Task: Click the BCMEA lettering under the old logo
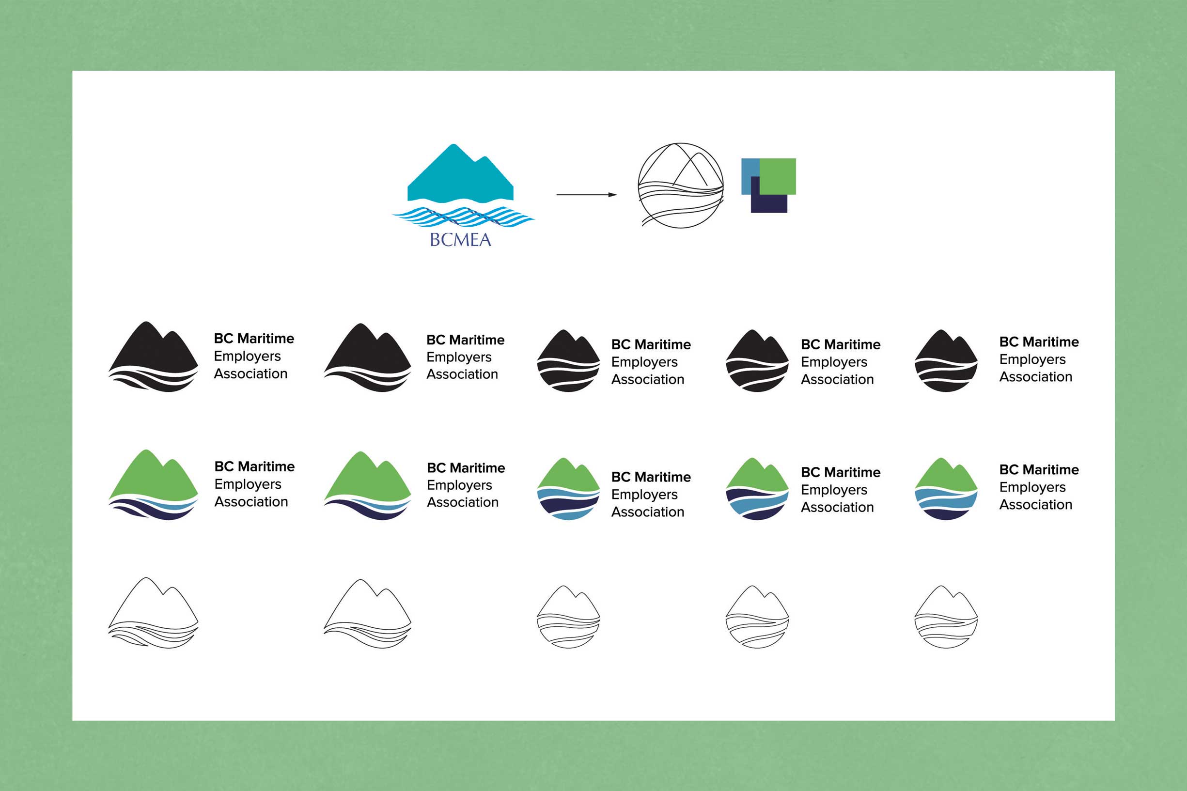coord(460,240)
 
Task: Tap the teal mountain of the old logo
coord(460,177)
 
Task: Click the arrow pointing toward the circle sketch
coord(586,194)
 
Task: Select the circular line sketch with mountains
coord(681,185)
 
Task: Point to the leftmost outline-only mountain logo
coord(153,613)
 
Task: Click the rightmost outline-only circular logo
coord(946,617)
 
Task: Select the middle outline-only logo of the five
coord(568,617)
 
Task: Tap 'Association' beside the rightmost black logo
coord(1036,377)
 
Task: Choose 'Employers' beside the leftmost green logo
coord(248,484)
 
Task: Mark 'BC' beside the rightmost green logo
coord(1009,470)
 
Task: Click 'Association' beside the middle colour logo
coord(648,512)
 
